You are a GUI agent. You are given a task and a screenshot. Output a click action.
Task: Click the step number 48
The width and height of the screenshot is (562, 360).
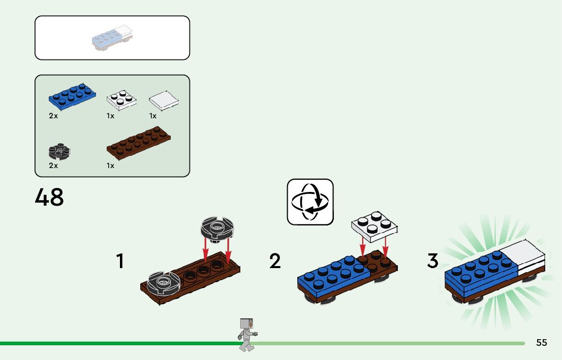point(49,197)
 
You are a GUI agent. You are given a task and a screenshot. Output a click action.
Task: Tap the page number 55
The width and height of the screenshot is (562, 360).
point(541,343)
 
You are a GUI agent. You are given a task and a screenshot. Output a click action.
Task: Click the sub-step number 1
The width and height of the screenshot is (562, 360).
point(120,261)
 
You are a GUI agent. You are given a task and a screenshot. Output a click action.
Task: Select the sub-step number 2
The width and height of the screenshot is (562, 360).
point(275,261)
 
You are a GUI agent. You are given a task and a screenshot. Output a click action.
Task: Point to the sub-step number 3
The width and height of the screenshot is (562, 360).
point(432,261)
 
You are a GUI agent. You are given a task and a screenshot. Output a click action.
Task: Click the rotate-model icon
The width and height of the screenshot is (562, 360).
point(310,202)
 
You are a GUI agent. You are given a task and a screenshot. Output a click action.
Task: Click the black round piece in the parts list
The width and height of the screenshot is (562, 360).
point(59,151)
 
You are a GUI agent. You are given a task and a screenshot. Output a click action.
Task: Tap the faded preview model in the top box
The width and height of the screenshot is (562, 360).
point(112,38)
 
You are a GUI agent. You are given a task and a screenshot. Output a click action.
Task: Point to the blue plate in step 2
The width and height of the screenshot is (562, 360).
point(333,278)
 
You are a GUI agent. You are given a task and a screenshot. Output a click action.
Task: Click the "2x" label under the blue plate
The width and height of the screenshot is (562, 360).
point(53,116)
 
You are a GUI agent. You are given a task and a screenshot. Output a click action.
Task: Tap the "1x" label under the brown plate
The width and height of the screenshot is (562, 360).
point(110,166)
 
